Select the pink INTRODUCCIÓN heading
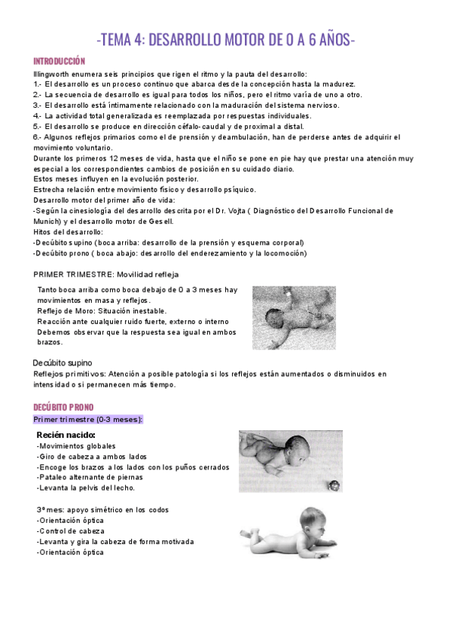click(59, 62)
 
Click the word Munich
click(47, 222)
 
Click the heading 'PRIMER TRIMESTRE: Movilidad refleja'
click(106, 274)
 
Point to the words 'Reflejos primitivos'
click(69, 374)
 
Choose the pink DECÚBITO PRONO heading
click(63, 408)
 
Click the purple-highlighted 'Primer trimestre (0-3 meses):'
click(88, 419)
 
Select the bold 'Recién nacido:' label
click(66, 435)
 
